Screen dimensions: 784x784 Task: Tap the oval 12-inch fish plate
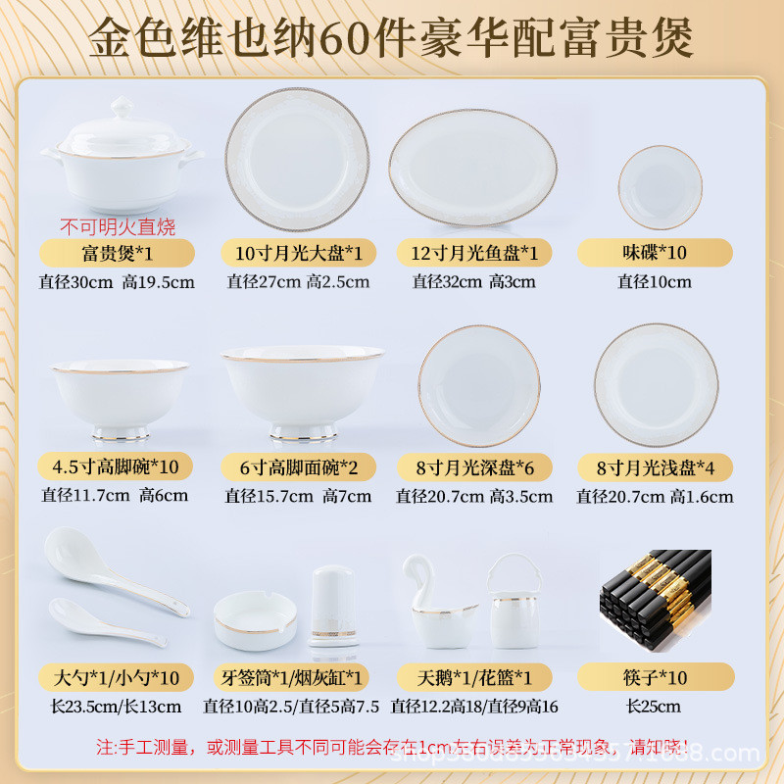pos(472,168)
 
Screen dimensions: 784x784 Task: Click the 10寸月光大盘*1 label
pos(298,253)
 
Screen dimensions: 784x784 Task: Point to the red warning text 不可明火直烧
pos(120,227)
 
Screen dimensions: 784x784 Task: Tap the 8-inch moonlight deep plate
pos(479,385)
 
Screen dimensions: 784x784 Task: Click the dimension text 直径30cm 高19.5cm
pos(119,282)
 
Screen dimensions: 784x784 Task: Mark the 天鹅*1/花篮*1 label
pos(474,678)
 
